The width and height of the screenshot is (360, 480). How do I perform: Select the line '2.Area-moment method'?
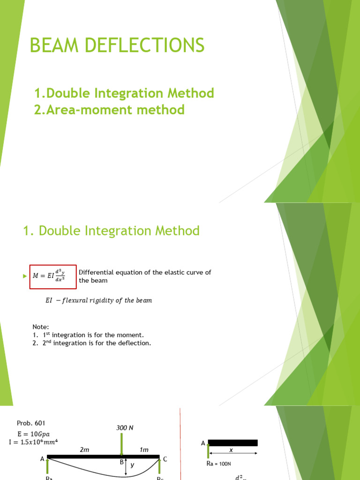coord(109,110)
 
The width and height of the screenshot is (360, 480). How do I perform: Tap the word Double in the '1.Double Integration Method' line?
coord(68,93)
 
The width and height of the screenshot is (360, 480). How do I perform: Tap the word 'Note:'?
coord(41,327)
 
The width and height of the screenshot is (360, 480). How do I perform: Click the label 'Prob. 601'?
coord(31,423)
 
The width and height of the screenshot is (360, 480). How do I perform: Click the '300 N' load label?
coord(125,428)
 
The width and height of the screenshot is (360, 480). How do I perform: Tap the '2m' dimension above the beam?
coord(84,450)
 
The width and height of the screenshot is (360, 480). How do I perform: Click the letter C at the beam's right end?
coord(165,459)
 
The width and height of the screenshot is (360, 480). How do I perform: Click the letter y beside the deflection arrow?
coord(133,466)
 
